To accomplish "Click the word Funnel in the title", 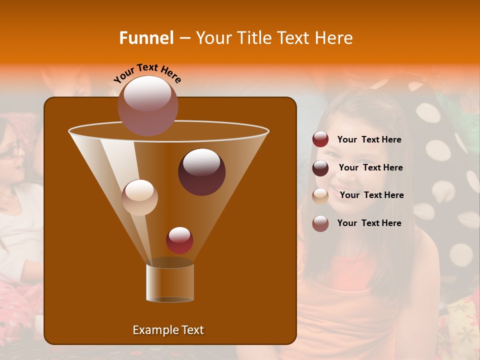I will point(146,38).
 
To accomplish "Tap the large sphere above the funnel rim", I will point(147,105).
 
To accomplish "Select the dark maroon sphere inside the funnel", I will point(201,171).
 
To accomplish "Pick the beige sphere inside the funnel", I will point(139,197).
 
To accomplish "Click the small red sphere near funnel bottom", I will point(179,240).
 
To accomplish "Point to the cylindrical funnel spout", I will point(170,282).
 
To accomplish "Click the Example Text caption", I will point(168,330).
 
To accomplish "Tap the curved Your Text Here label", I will point(147,73).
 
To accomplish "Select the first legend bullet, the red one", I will point(320,139).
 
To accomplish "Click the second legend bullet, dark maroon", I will point(320,168).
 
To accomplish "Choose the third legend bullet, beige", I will point(320,195).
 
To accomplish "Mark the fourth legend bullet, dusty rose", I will point(320,223).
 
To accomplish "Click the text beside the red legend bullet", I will point(369,139).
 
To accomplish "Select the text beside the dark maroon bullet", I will point(370,167).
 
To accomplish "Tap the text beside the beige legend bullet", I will point(371,195).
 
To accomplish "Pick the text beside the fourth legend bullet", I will point(369,223).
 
